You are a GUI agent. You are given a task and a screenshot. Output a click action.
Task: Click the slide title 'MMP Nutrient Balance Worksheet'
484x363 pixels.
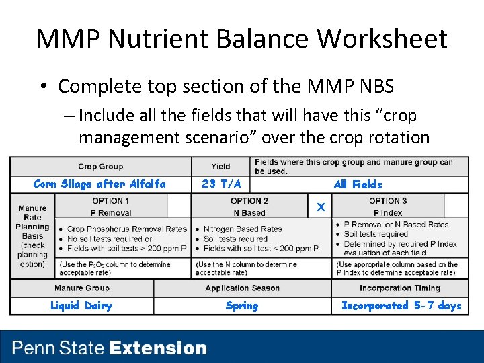(x=241, y=39)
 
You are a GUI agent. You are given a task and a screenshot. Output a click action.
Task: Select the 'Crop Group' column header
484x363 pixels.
(x=101, y=167)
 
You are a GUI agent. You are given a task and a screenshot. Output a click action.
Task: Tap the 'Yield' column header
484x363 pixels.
(x=220, y=167)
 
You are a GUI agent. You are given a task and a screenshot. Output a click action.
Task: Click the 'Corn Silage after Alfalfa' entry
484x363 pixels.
(x=99, y=184)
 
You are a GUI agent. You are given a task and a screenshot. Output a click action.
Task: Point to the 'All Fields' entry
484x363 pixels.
(x=358, y=184)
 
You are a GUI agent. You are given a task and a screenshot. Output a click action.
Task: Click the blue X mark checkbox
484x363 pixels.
(x=321, y=207)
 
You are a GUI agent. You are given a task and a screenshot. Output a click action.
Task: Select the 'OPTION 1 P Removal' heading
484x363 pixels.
(x=111, y=206)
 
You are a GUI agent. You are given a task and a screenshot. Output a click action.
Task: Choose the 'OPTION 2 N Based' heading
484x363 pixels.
(x=249, y=206)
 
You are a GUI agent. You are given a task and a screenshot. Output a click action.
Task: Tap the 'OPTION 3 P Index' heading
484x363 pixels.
(x=388, y=206)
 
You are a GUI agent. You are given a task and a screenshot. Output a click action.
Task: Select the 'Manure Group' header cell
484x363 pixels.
(x=82, y=288)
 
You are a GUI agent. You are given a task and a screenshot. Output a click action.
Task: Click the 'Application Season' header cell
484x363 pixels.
(x=242, y=288)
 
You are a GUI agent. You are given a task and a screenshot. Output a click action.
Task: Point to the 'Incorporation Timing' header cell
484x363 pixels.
(x=400, y=288)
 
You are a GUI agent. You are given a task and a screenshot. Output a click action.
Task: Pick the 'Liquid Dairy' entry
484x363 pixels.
(x=81, y=306)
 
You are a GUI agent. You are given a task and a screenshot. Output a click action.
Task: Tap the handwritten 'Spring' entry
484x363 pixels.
(x=242, y=306)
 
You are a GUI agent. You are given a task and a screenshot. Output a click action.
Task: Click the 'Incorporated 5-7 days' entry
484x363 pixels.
(x=401, y=306)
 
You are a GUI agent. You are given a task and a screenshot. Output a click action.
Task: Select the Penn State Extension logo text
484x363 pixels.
(x=110, y=348)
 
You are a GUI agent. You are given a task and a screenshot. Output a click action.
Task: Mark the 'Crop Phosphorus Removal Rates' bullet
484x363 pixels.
(x=126, y=229)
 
